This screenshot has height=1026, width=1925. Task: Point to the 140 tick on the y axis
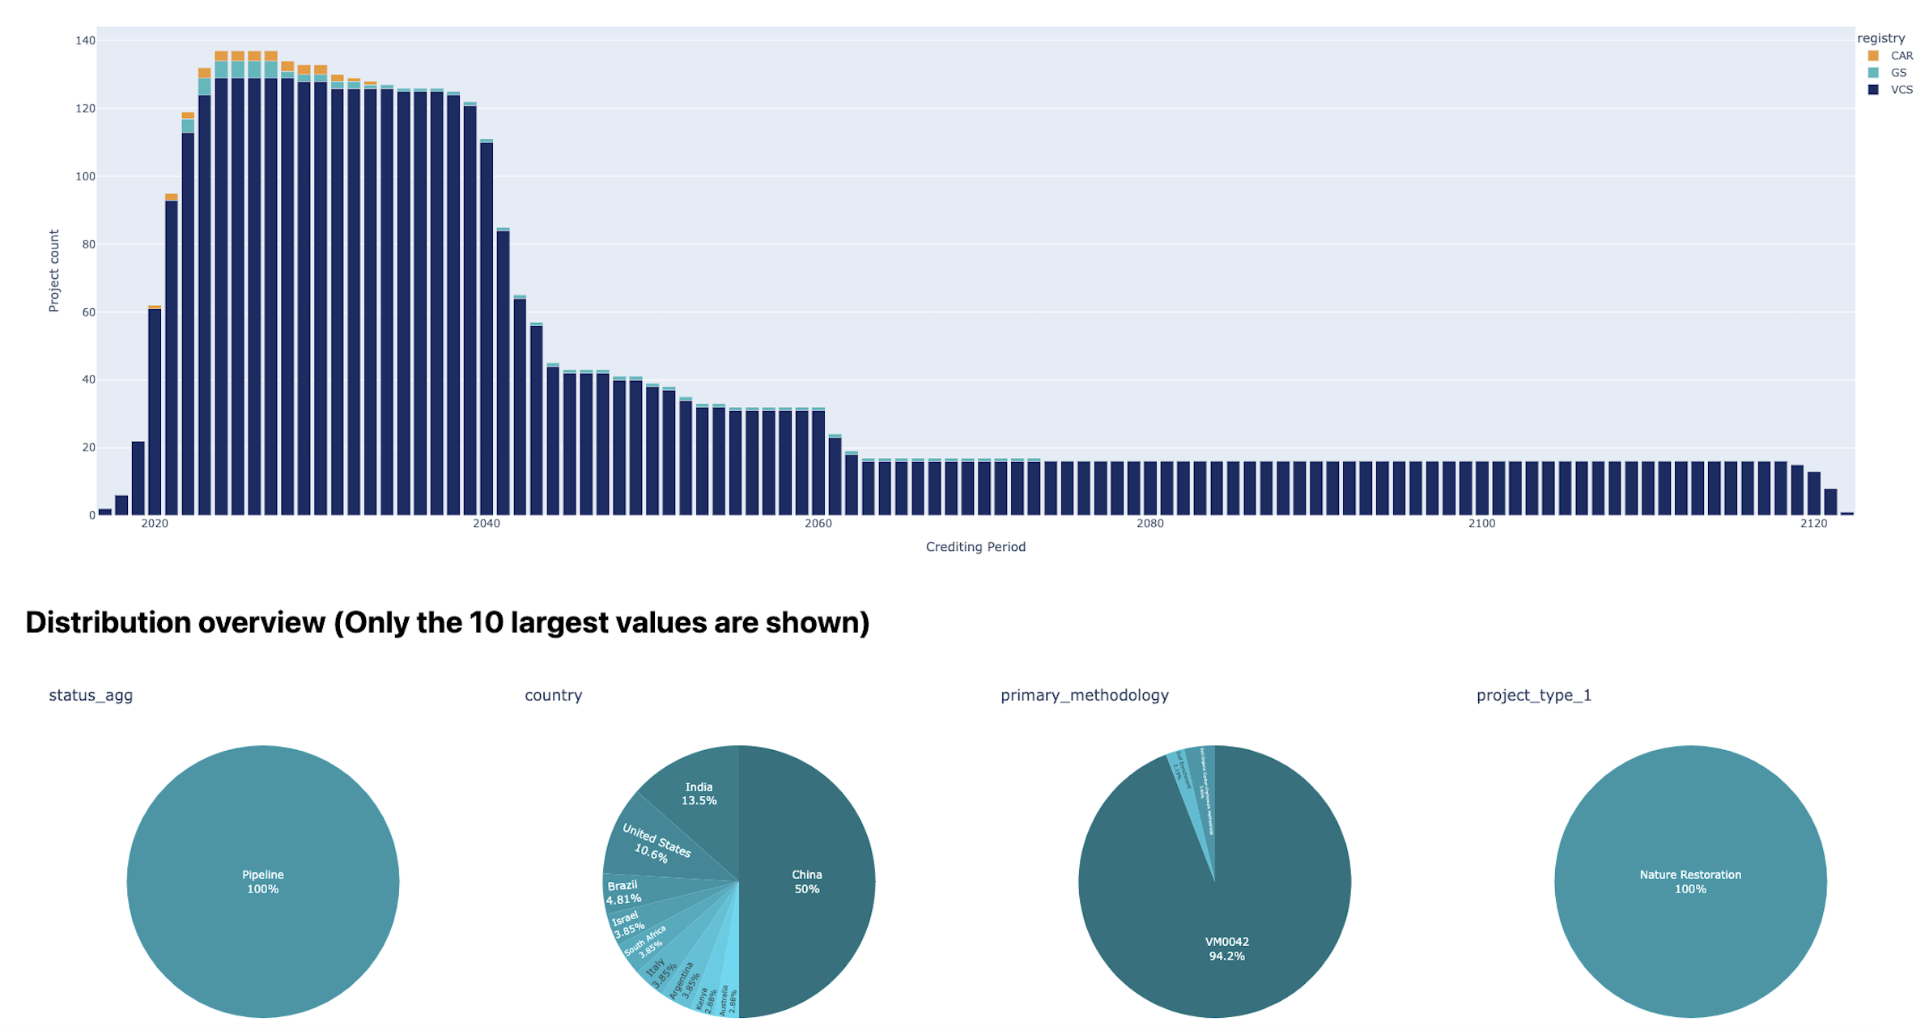(85, 40)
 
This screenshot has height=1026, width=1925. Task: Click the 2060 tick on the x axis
(818, 524)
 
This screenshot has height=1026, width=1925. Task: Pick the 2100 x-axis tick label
(1481, 524)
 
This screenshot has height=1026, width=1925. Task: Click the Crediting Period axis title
(975, 547)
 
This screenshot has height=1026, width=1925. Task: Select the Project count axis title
(54, 270)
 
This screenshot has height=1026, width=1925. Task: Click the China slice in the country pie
(806, 881)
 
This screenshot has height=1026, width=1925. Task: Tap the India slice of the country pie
(699, 794)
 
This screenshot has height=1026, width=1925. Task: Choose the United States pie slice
(656, 842)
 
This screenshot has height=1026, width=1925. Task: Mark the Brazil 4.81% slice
(623, 892)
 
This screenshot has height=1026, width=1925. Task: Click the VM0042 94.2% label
(1226, 948)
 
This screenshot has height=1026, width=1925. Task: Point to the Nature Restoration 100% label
(1689, 881)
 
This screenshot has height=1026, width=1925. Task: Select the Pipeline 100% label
(263, 881)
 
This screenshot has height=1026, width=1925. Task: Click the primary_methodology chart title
(1084, 695)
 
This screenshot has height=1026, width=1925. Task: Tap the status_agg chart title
(91, 695)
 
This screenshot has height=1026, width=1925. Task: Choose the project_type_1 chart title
(1533, 695)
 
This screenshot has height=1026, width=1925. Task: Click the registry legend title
(1880, 38)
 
